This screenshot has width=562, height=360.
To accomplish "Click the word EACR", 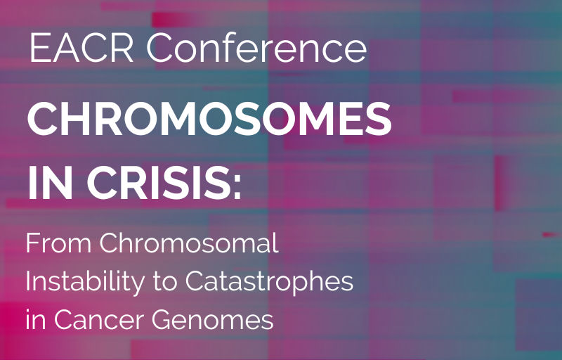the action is [81, 48].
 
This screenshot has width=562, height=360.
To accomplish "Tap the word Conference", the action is [256, 47].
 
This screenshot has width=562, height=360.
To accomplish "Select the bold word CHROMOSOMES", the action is [209, 119].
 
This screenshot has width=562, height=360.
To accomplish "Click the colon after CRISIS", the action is [237, 188].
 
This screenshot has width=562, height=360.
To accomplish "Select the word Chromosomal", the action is [189, 243].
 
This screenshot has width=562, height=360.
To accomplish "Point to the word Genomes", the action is [213, 320].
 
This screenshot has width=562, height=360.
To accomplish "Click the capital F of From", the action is [32, 243].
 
